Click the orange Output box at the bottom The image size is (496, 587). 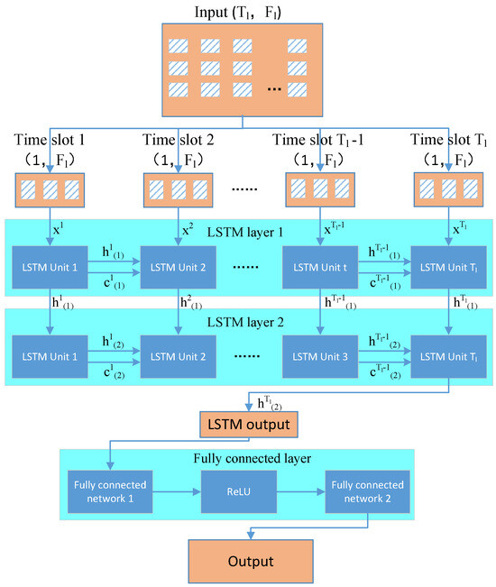click(250, 560)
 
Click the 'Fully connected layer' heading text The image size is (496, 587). click(247, 458)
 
